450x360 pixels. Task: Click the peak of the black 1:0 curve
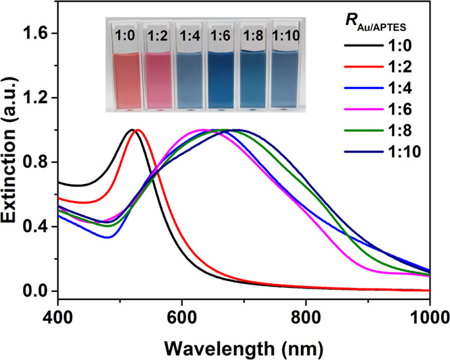pyautogui.click(x=132, y=129)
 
